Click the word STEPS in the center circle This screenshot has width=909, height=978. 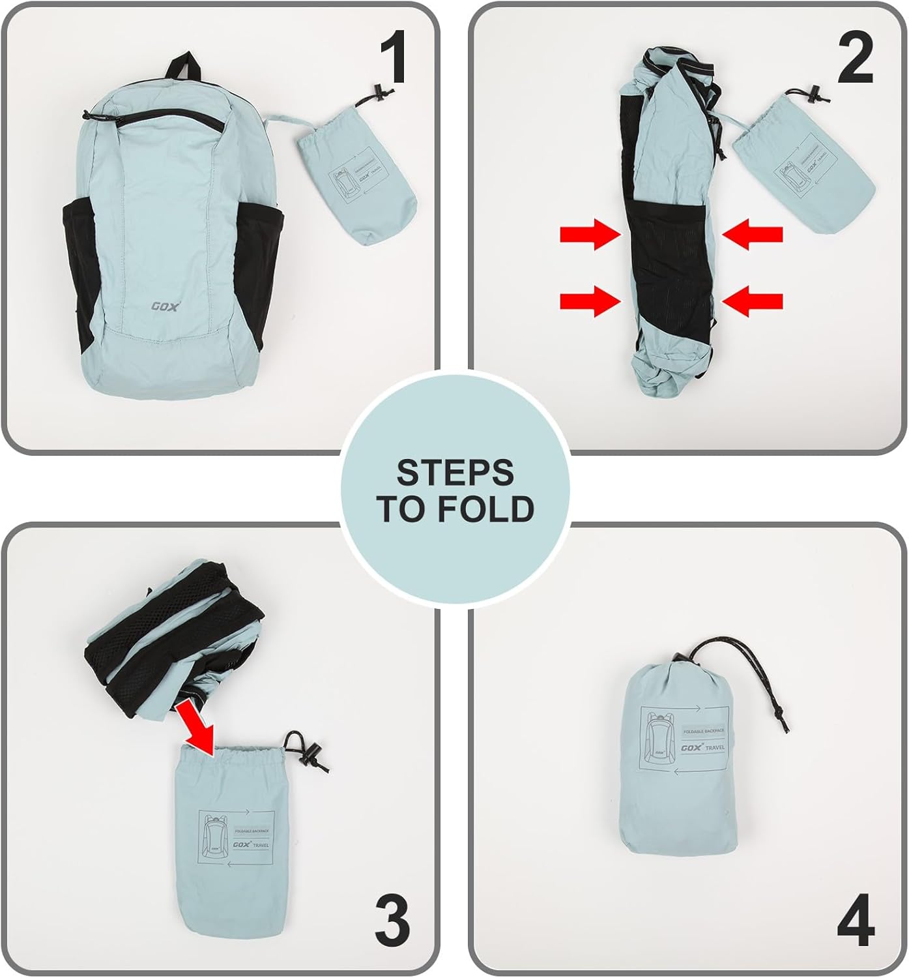coord(455,473)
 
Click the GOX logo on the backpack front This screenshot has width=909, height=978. coord(164,306)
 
